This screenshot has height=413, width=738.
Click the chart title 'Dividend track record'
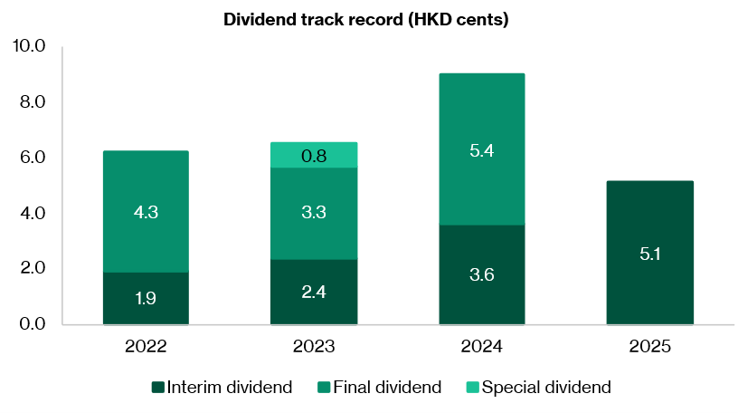point(366,20)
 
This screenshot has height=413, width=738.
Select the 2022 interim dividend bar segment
point(146,298)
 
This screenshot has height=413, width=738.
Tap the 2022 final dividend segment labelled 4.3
point(146,211)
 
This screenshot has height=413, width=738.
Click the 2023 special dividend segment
point(314,155)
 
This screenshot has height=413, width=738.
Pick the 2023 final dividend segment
point(314,214)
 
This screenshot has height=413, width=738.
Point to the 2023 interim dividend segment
point(314,292)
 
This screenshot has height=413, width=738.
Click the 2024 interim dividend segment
point(481,274)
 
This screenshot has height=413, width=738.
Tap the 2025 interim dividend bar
point(649,253)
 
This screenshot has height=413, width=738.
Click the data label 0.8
point(314,156)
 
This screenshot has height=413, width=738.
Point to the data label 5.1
point(649,255)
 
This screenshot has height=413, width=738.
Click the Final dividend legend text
point(387,388)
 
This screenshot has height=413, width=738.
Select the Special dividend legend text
point(546,388)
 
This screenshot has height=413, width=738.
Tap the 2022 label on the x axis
point(146,347)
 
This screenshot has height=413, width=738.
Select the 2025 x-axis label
point(649,347)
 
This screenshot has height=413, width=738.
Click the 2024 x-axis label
point(481,347)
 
